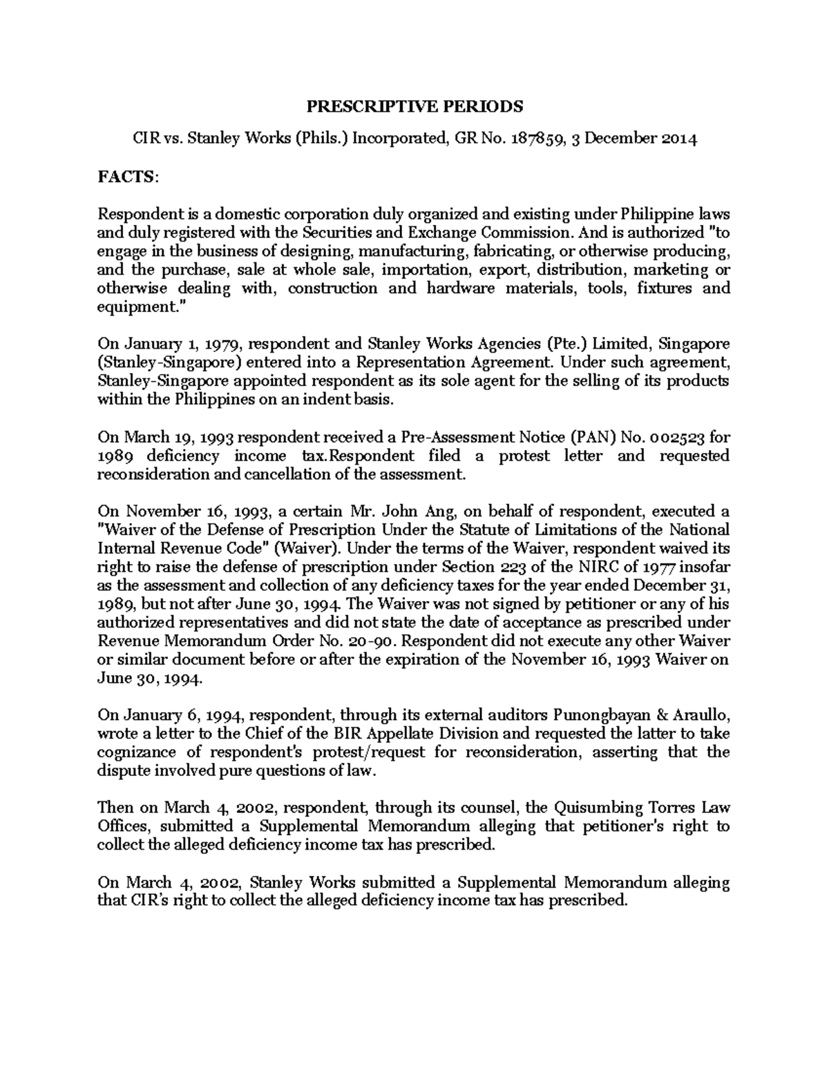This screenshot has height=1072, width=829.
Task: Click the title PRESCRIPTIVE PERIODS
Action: [414, 106]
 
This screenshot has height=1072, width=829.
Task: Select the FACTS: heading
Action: [128, 177]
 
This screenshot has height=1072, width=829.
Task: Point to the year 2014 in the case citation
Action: [679, 139]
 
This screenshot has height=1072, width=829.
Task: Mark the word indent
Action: [315, 400]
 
